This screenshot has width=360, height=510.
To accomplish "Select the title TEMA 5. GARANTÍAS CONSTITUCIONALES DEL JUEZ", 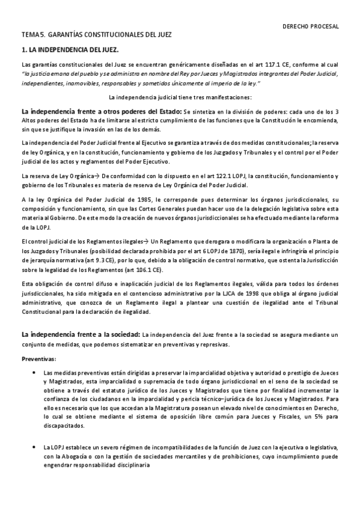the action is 97,36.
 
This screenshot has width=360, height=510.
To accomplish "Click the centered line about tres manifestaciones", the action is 180,97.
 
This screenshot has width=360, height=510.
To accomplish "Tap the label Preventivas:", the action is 39,359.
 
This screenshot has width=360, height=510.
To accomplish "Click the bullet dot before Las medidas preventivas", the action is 32,373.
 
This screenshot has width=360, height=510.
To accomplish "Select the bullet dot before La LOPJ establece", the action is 32,447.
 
